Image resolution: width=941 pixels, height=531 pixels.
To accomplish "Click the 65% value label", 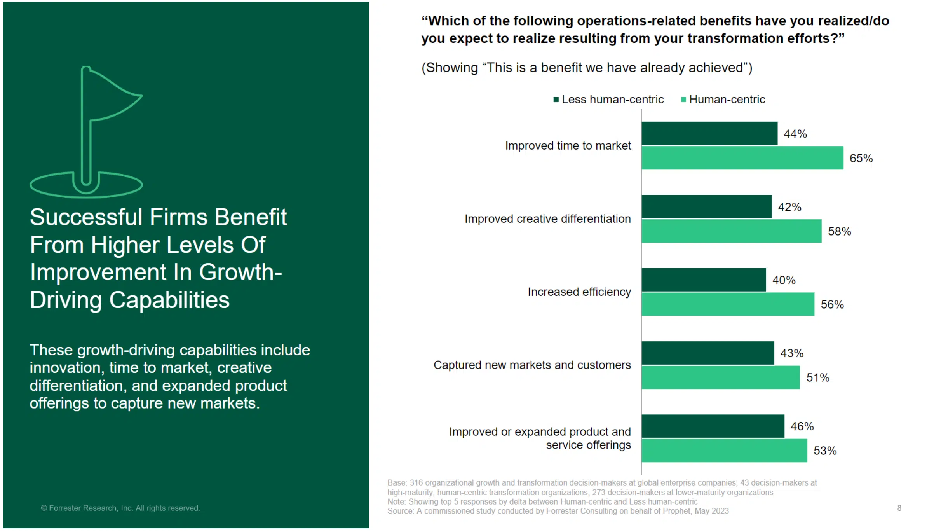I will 861,159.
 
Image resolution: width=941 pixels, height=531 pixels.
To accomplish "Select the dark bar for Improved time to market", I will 709,134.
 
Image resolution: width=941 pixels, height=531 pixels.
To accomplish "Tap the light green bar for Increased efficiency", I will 727,304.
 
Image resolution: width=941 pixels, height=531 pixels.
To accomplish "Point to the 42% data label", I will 789,207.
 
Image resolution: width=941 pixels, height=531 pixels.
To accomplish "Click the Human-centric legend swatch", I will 683,100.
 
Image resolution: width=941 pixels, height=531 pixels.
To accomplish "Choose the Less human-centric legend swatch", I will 556,100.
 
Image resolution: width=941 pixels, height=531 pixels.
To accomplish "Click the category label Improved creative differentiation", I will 547,219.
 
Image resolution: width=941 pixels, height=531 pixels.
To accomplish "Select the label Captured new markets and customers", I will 532,365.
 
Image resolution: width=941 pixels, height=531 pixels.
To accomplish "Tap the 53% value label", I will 825,451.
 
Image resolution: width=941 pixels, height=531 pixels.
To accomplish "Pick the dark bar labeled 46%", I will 713,426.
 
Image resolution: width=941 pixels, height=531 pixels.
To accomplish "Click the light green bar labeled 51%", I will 720,377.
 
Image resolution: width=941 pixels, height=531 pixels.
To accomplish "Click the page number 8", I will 899,508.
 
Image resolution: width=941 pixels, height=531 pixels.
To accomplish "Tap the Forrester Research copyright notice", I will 120,508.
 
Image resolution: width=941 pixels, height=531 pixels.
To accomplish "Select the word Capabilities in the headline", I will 169,300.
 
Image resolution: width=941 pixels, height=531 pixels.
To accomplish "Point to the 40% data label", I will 784,280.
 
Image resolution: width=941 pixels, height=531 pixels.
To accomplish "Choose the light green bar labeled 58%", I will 731,231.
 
